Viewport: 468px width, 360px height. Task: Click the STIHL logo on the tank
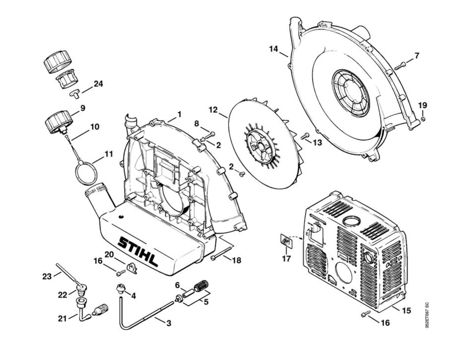coord(138,252)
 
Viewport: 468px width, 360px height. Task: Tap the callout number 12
coord(213,109)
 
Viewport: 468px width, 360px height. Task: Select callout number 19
coord(422,105)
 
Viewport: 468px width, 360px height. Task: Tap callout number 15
coord(406,311)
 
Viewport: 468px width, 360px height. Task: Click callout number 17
coord(286,259)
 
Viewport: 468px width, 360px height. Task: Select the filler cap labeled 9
coord(57,121)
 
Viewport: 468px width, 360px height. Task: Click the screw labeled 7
coord(400,65)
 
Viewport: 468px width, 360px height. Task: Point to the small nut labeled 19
coord(423,119)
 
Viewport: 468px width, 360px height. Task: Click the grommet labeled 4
coord(120,288)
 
